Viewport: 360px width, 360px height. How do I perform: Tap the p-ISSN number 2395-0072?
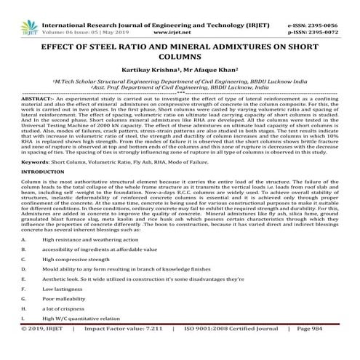pos(332,15)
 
